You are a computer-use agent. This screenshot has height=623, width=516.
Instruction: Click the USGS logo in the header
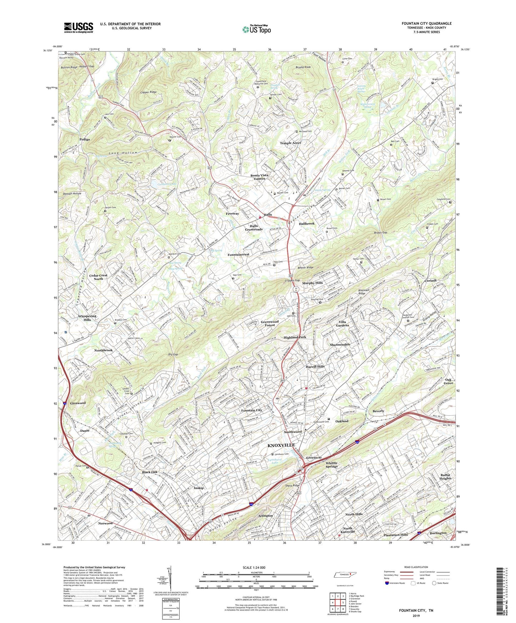click(x=79, y=27)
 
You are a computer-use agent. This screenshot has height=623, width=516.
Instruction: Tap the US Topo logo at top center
click(x=256, y=29)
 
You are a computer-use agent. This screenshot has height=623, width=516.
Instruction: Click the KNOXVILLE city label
click(x=281, y=445)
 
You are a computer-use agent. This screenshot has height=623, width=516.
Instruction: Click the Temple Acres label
click(x=290, y=143)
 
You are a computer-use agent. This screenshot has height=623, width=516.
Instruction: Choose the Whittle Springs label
click(x=331, y=465)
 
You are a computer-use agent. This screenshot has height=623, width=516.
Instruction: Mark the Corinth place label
click(x=430, y=280)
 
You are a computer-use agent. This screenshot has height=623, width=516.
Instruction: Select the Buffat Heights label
click(x=446, y=476)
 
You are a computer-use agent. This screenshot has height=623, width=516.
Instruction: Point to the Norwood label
click(x=105, y=523)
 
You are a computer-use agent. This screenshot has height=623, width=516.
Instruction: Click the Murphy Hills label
click(x=312, y=283)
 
